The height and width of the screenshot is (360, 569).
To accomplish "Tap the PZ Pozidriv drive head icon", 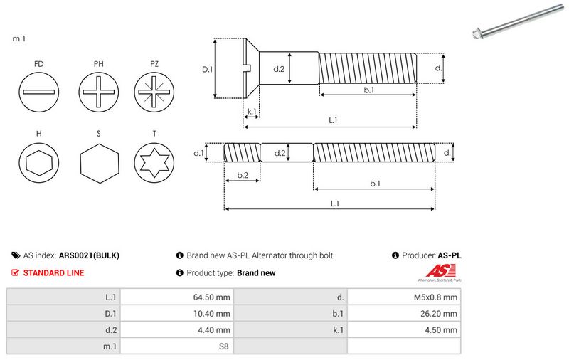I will click(x=154, y=92).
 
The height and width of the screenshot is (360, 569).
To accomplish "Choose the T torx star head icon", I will click(x=154, y=164).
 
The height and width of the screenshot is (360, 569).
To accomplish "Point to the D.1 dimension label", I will click(x=208, y=69).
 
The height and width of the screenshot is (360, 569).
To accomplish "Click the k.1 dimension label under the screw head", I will click(x=251, y=112).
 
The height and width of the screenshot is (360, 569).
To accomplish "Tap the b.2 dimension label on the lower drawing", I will click(x=242, y=175).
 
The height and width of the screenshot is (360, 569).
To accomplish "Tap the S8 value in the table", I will click(x=223, y=346).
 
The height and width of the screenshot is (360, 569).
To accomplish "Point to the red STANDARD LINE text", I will click(x=53, y=272).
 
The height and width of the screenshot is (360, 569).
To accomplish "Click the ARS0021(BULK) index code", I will click(x=89, y=255).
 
